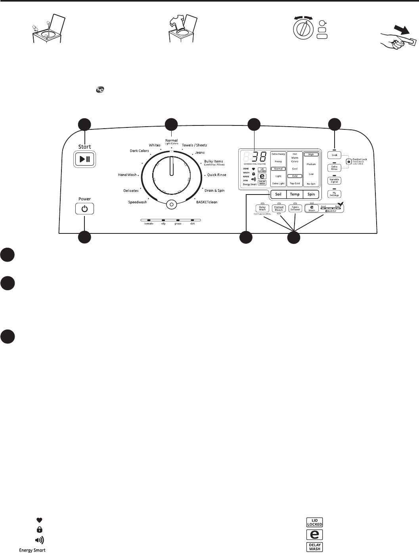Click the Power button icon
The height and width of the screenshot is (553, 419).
(85, 209)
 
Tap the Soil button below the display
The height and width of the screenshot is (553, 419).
(278, 194)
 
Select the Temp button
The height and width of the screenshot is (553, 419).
(295, 194)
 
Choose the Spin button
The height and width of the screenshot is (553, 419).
(311, 194)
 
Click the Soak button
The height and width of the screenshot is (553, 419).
(334, 155)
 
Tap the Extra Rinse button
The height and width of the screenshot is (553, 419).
(334, 168)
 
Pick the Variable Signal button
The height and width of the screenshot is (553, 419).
(334, 181)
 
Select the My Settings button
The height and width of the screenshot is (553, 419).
(334, 194)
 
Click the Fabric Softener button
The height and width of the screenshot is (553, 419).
(295, 208)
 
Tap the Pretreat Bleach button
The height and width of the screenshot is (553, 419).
(279, 208)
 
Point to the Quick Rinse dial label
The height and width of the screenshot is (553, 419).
(216, 175)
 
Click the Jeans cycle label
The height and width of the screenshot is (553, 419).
(200, 153)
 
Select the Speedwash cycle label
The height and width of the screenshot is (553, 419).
(138, 202)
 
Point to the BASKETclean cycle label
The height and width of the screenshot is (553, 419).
(207, 202)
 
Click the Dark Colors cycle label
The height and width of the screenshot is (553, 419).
(139, 151)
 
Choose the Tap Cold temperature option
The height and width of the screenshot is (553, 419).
(295, 183)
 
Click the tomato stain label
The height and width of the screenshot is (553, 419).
(148, 224)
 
